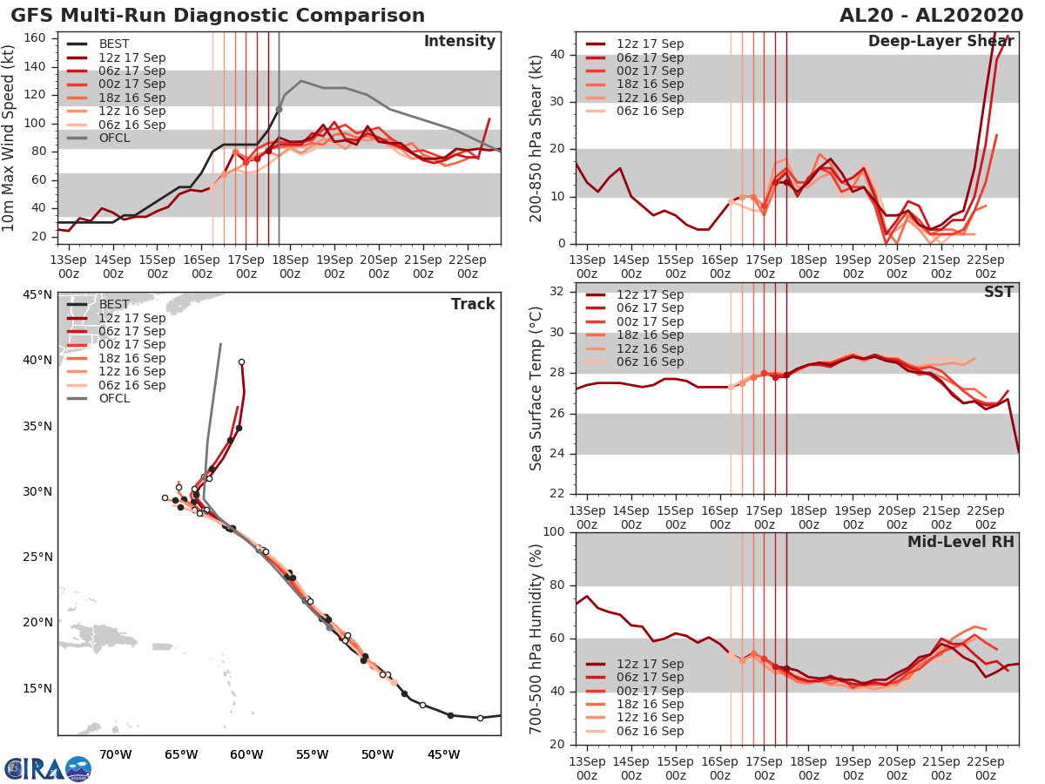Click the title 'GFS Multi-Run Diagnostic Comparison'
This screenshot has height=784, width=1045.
coord(218,16)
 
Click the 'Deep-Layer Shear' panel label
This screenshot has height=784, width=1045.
coord(940,43)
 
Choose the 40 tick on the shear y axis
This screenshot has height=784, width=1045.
coord(555,55)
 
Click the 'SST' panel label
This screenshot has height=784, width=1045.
coord(998,292)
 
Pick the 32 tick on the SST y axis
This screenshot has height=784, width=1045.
coord(555,292)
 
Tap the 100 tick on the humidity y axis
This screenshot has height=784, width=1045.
coord(551,532)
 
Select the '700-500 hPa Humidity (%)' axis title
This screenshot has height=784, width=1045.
coord(537,639)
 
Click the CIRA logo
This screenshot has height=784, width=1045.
coord(48,768)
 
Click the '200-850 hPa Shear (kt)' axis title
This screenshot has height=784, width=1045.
coord(536,139)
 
